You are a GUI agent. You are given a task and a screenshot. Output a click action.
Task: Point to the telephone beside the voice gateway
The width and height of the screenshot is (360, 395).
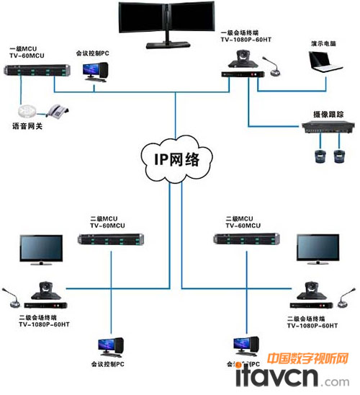pos(57,110)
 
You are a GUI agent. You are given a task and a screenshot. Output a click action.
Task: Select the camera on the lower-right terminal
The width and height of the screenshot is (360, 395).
pos(312,288)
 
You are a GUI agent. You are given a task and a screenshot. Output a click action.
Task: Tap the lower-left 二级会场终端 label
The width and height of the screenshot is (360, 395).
pos(44,320)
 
